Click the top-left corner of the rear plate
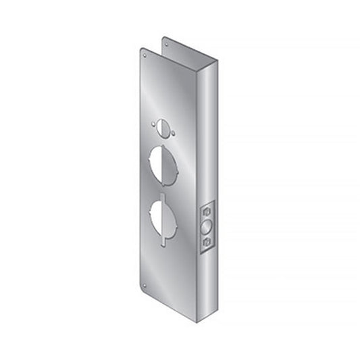coord(163,38)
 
